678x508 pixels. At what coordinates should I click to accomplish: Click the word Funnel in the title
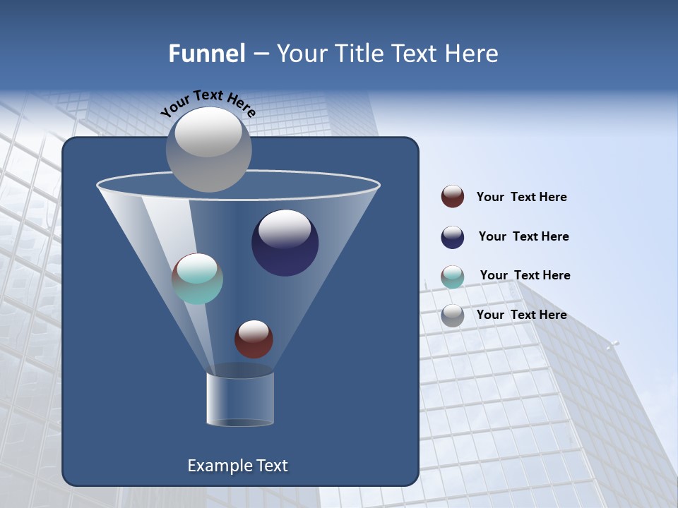tap(206, 54)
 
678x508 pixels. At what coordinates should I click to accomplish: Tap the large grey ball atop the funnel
tap(208, 149)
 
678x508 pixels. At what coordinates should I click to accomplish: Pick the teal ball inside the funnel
tap(197, 279)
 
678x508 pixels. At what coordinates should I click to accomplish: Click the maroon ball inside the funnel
tap(254, 339)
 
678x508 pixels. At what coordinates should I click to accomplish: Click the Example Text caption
tap(237, 466)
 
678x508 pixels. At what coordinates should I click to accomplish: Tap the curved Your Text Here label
tap(208, 102)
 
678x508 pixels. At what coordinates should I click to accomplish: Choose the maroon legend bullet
tap(453, 197)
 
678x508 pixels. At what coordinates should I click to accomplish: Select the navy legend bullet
tap(453, 237)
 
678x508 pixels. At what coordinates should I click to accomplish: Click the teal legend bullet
tap(453, 277)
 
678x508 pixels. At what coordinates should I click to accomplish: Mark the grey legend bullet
tap(453, 315)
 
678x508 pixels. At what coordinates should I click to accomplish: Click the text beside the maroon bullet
tap(521, 198)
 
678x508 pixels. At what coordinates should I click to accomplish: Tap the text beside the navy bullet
tap(523, 237)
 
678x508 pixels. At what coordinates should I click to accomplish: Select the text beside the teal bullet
tap(525, 275)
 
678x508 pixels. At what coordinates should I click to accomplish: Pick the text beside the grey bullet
tap(521, 315)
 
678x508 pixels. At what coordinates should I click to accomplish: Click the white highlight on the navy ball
tap(285, 228)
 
